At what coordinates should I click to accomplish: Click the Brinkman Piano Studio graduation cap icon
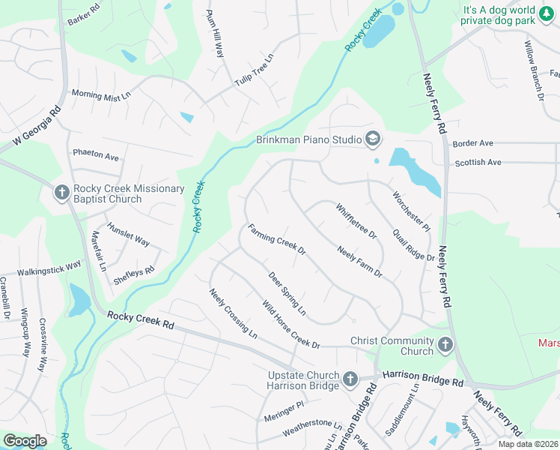point(372,138)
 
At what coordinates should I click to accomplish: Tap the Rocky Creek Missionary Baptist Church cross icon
point(62,193)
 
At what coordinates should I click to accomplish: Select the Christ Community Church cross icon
point(445,346)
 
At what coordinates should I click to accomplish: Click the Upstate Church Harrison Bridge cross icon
point(350,380)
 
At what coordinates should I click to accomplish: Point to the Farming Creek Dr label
point(277,239)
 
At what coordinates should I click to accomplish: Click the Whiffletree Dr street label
point(356,222)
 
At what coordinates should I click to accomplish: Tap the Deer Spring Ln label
point(287,292)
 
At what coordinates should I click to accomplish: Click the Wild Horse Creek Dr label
point(290,324)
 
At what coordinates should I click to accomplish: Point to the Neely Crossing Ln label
point(233,313)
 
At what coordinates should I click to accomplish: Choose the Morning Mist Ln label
point(100,94)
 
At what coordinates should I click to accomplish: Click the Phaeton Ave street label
point(96,157)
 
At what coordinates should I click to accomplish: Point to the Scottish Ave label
point(477,162)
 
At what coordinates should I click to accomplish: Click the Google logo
point(25,441)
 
